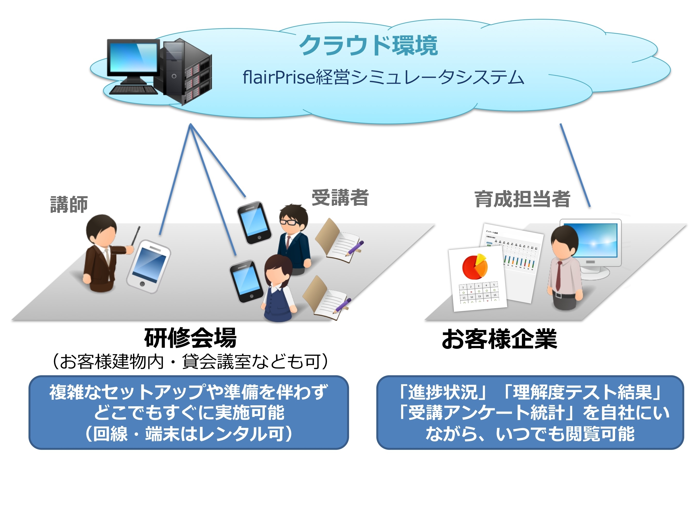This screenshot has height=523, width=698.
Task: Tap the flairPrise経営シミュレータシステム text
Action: (383, 77)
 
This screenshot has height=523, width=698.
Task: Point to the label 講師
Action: (69, 204)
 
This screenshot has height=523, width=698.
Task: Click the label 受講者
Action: (340, 198)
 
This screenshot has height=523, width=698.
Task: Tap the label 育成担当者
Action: (522, 199)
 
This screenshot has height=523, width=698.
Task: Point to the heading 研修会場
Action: (190, 338)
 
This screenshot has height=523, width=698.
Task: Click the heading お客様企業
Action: (500, 339)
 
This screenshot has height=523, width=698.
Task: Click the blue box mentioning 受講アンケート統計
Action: (530, 412)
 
